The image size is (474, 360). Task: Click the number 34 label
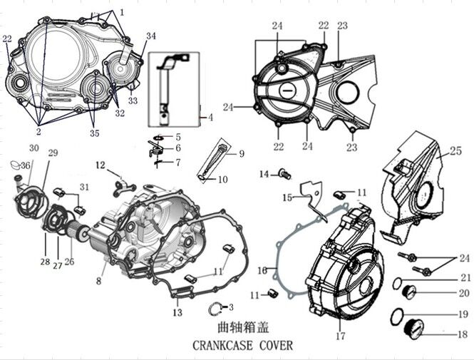(150, 36)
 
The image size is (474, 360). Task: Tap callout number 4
(211, 116)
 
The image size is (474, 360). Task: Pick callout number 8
(98, 281)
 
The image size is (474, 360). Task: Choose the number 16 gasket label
(262, 269)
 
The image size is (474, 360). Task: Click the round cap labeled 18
(412, 329)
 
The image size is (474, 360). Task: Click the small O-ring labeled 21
(396, 283)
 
